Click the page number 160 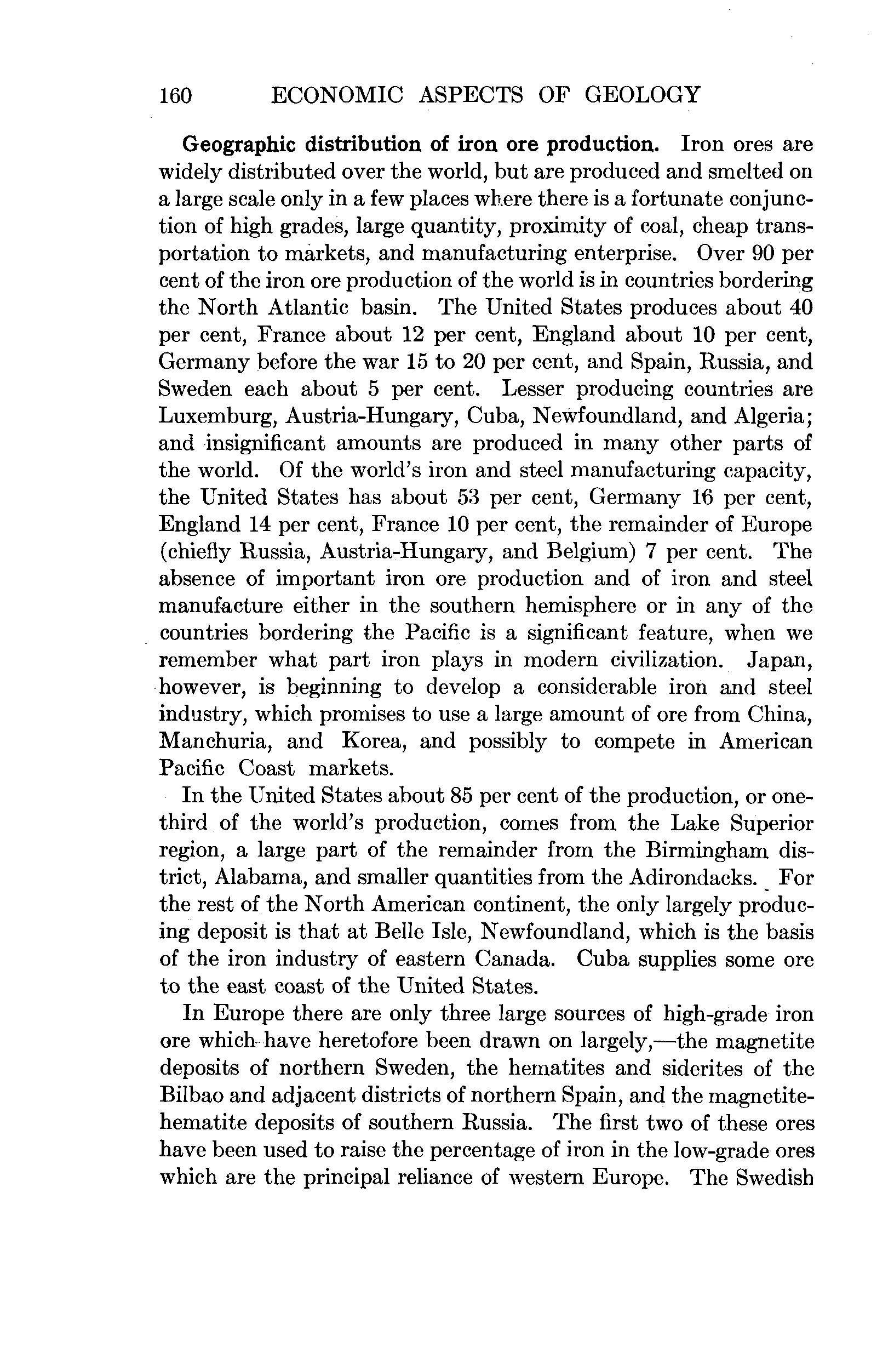[175, 95]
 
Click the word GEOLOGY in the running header [642, 95]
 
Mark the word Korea [374, 741]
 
